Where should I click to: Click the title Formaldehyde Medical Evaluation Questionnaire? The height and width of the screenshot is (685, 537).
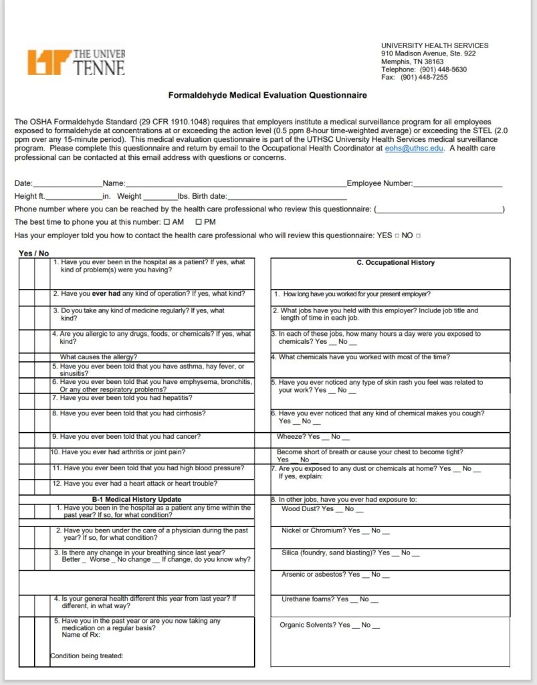(267, 96)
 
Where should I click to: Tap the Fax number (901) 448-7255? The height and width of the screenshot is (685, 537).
(415, 77)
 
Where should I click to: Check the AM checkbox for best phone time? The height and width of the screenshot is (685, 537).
(167, 222)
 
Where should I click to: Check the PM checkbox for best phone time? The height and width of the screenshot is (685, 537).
(199, 222)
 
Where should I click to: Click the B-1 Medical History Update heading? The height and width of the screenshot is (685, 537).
(136, 500)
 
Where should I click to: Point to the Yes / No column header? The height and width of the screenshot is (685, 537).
(33, 254)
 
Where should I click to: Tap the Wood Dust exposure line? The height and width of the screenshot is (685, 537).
(322, 509)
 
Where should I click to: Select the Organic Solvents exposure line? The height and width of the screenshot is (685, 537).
(330, 625)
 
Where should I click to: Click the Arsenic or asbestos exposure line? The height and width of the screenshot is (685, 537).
(335, 575)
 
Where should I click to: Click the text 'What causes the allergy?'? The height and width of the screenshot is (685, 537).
(98, 357)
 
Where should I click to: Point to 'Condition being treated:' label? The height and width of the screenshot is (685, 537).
(87, 656)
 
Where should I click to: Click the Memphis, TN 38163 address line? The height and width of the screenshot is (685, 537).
(412, 62)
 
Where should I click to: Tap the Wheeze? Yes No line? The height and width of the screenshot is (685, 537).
(313, 437)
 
